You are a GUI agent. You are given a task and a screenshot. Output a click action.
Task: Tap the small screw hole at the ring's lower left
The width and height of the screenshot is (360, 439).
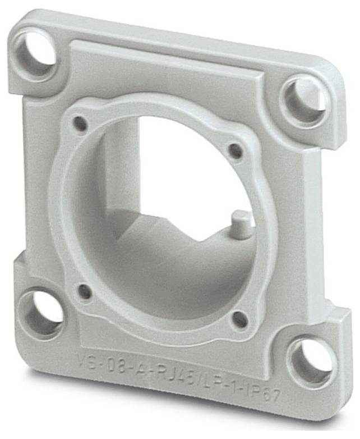[85, 291]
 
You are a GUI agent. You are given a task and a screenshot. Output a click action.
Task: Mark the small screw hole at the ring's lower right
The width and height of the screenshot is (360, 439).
[239, 319]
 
